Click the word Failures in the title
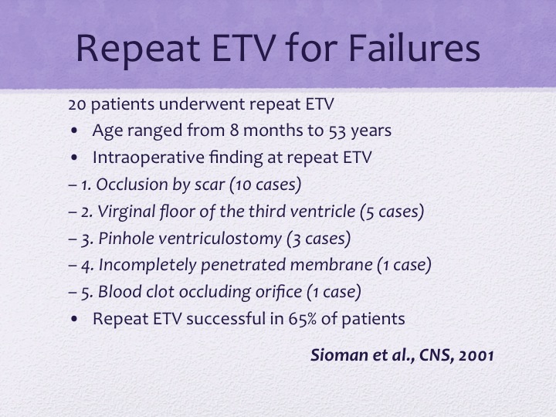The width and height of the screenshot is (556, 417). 415,48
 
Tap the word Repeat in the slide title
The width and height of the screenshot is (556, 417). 137,49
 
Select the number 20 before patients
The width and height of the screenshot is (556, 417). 77,104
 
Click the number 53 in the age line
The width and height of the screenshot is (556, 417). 337,131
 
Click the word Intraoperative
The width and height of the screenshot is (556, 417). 148,158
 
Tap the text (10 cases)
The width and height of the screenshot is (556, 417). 266,185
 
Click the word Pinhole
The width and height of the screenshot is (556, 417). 126,239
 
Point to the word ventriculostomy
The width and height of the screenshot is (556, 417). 220,239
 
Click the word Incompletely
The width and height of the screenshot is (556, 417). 147,266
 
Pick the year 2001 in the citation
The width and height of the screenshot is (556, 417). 476,356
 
